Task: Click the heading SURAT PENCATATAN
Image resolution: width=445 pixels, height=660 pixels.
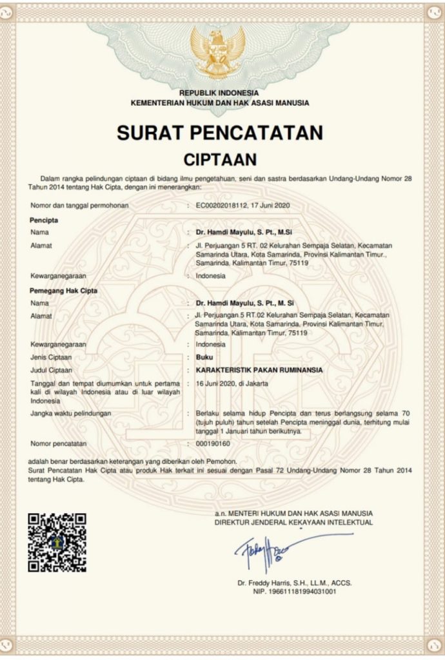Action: [220, 133]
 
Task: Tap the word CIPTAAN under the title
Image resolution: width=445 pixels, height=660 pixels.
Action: [220, 159]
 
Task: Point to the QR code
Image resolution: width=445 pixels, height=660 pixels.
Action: [57, 541]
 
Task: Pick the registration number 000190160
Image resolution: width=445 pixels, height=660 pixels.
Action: [213, 444]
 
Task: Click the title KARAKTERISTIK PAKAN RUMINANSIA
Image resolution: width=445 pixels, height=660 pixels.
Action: [259, 370]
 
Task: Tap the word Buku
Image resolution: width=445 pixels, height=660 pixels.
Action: [204, 357]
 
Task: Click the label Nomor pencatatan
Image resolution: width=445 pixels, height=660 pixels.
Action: [58, 444]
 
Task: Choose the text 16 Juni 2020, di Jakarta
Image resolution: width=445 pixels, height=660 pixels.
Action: [232, 383]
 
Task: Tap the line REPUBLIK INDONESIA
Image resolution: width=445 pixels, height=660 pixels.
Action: [219, 93]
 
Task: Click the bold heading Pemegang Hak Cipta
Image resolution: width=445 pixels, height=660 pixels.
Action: [63, 291]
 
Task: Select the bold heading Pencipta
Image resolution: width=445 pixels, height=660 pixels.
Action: [44, 220]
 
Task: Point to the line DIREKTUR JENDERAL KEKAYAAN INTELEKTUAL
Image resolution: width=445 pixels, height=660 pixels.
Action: [293, 522]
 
